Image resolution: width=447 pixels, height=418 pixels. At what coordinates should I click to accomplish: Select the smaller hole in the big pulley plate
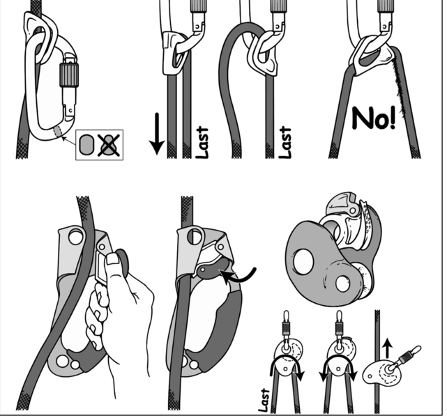[x=342, y=283]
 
